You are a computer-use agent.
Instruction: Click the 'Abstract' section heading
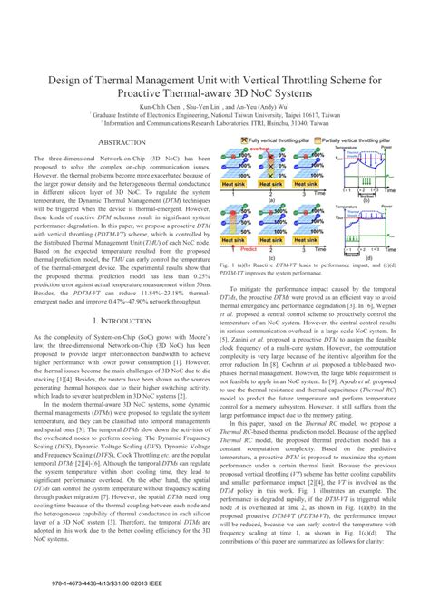(121, 143)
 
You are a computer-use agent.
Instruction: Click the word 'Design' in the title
(52, 76)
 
